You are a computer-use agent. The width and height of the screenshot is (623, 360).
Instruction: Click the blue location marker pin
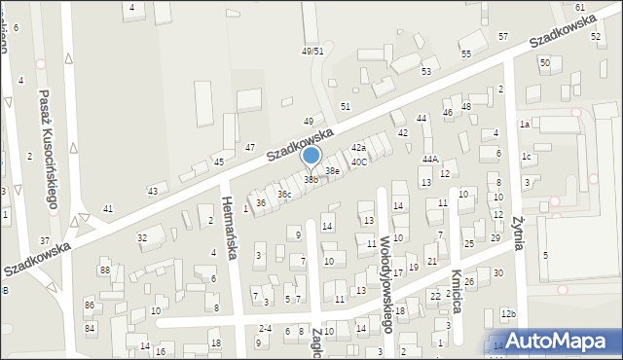point(311,156)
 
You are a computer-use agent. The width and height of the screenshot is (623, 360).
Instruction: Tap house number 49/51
point(311,51)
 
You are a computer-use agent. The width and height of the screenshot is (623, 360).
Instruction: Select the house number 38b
point(311,179)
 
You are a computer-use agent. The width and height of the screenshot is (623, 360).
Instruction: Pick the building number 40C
point(359,162)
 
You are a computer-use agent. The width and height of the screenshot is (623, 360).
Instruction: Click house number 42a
point(358,147)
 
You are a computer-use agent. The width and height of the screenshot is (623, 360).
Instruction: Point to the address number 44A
point(430,159)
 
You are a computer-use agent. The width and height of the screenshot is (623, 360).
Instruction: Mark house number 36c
point(283,195)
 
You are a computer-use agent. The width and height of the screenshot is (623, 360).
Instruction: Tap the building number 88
point(104,270)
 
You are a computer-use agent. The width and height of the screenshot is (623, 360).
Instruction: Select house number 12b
point(507,313)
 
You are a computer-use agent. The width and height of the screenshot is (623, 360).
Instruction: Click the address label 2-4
point(265,329)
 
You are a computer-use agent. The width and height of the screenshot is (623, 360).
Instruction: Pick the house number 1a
point(524,124)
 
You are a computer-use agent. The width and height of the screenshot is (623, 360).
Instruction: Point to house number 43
point(152,191)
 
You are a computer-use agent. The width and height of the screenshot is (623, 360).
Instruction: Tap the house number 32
point(142,237)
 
